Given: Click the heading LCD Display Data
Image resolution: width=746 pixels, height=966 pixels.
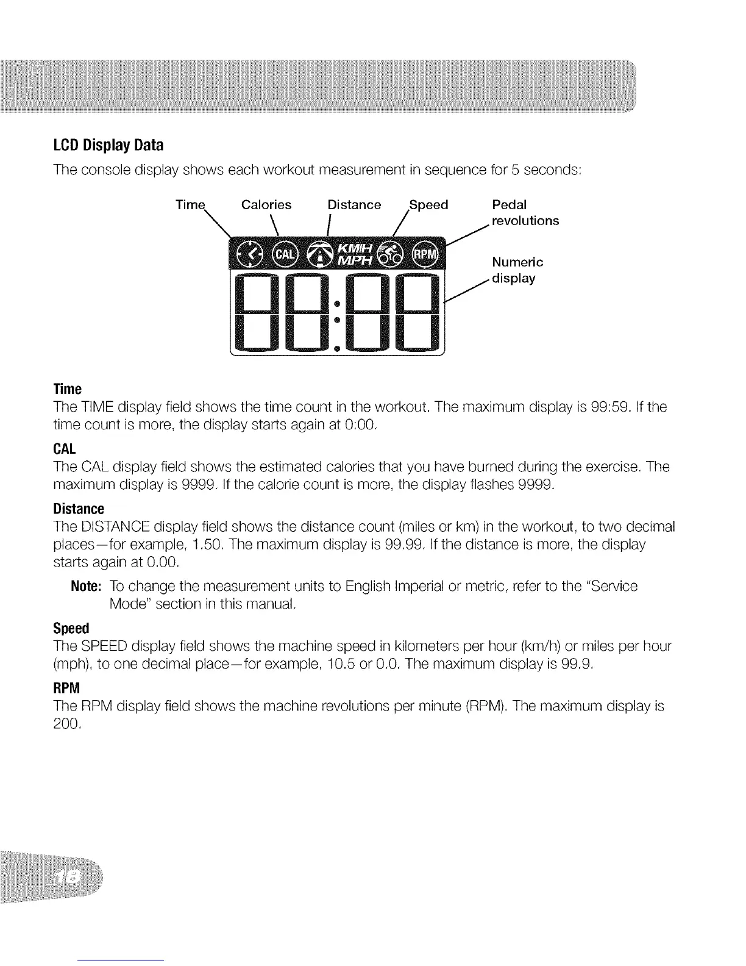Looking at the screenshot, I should click(x=107, y=146).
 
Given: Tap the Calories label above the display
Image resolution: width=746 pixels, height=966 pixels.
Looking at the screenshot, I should click(x=266, y=205).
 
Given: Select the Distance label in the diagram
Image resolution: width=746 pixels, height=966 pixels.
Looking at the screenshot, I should click(x=354, y=205).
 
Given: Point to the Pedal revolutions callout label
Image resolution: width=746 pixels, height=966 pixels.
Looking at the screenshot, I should click(x=525, y=212).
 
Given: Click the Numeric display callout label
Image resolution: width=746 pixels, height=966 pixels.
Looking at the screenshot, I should click(x=517, y=270).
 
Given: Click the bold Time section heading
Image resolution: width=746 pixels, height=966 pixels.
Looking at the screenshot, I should click(x=67, y=389).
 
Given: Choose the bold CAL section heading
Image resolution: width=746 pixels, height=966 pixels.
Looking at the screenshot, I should click(x=64, y=449).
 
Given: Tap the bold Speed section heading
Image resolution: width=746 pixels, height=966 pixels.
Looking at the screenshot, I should click(x=71, y=628).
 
